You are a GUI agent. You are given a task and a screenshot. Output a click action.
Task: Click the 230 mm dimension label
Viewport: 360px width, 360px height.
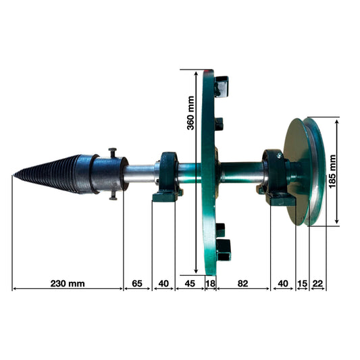(68, 283)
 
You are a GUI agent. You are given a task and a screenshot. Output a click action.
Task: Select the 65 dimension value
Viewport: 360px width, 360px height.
(138, 283)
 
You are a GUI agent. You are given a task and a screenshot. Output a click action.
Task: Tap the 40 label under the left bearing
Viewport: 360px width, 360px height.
(163, 283)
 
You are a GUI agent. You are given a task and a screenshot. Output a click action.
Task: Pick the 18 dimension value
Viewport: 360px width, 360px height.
(210, 283)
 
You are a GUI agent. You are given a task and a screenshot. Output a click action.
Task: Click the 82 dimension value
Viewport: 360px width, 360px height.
(243, 283)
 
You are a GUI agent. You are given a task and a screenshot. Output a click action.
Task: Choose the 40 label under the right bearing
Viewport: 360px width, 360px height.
(283, 283)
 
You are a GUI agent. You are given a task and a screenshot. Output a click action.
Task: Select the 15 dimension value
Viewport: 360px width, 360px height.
(302, 283)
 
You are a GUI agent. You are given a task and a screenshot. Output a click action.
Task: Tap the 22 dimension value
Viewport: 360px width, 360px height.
(317, 283)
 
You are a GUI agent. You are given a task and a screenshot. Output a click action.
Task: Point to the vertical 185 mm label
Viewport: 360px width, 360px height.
(332, 172)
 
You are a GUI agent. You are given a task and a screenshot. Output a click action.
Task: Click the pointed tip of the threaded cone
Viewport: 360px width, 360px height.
(14, 177)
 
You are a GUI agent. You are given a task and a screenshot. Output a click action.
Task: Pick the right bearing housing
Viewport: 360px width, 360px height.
(278, 177)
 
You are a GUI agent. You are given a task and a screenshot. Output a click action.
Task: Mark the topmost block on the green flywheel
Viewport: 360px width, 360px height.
(221, 86)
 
